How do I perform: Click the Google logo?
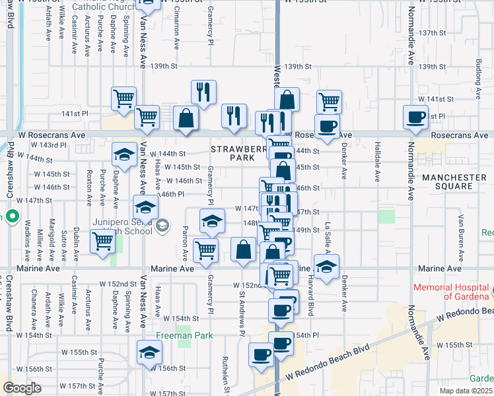click(x=22, y=388)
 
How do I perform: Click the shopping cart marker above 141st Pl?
click(x=123, y=98)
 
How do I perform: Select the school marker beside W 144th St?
click(x=123, y=155)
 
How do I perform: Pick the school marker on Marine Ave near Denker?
click(x=326, y=266)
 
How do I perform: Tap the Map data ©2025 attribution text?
click(x=466, y=391)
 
